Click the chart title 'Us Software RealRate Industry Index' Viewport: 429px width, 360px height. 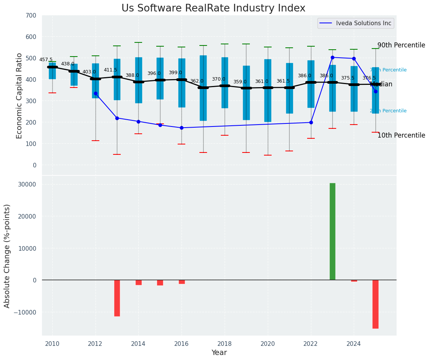pyautogui.click(x=213, y=8)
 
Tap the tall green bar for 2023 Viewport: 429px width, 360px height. pyautogui.click(x=332, y=231)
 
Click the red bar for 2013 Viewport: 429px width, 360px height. pyautogui.click(x=117, y=298)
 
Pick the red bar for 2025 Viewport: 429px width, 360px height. pyautogui.click(x=376, y=304)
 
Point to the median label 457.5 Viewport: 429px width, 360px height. pyautogui.click(x=46, y=60)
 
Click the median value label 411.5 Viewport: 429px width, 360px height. pyautogui.click(x=110, y=70)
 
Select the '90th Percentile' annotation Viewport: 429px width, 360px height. pyautogui.click(x=401, y=45)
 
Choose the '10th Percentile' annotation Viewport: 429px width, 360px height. pyautogui.click(x=401, y=135)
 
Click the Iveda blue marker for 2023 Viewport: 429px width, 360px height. pyautogui.click(x=332, y=57)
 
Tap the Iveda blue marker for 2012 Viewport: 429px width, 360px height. pyautogui.click(x=96, y=93)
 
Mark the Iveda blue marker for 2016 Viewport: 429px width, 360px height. pyautogui.click(x=181, y=128)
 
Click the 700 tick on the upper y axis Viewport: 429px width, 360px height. pyautogui.click(x=31, y=16)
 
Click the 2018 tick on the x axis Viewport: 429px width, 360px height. pyautogui.click(x=225, y=344)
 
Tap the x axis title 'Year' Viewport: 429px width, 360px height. pyautogui.click(x=219, y=353)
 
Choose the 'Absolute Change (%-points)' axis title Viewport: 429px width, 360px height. pyautogui.click(x=7, y=256)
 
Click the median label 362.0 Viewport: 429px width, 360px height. pyautogui.click(x=197, y=81)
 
